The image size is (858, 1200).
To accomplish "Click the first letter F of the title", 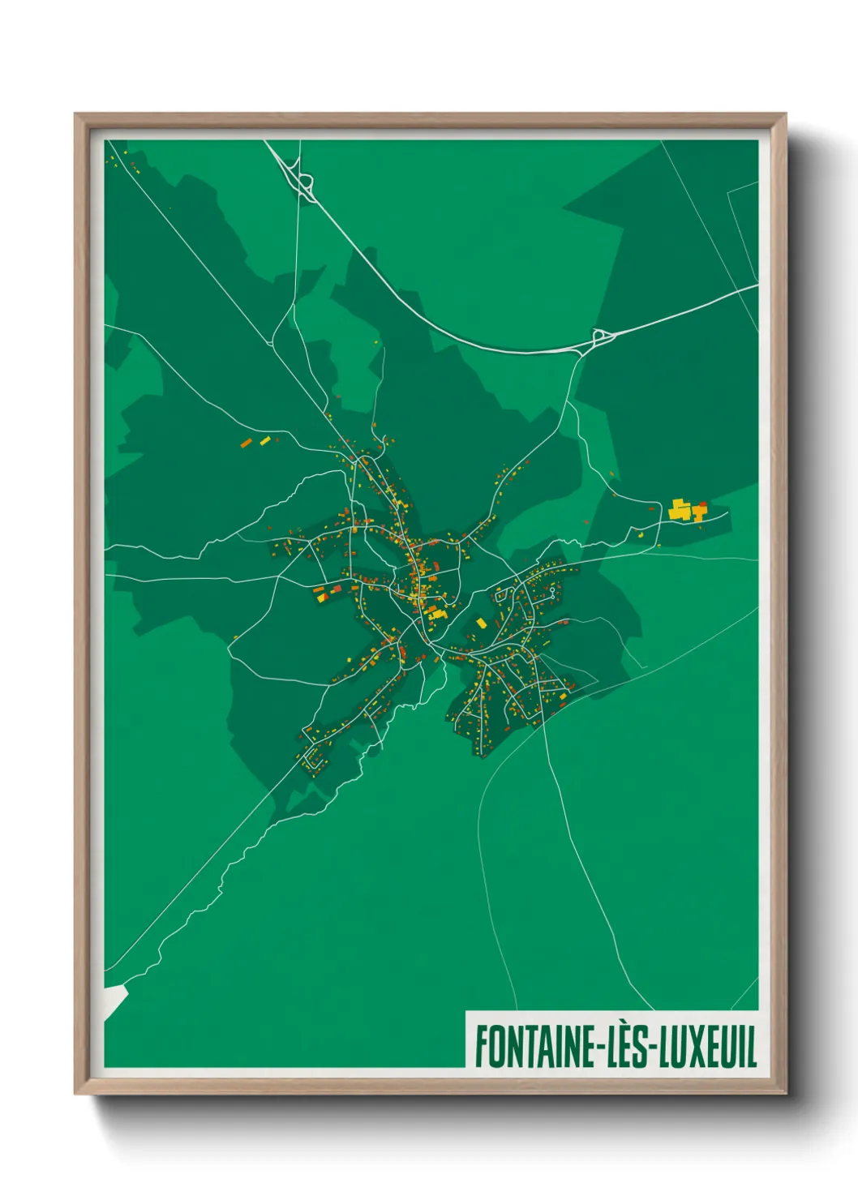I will (480, 1047).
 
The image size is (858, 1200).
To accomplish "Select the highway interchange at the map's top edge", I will (305, 184).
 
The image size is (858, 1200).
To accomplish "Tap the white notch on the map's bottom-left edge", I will (114, 999).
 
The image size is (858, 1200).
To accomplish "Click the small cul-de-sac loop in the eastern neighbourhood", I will (553, 593).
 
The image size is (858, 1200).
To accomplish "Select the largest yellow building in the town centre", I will (437, 614).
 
